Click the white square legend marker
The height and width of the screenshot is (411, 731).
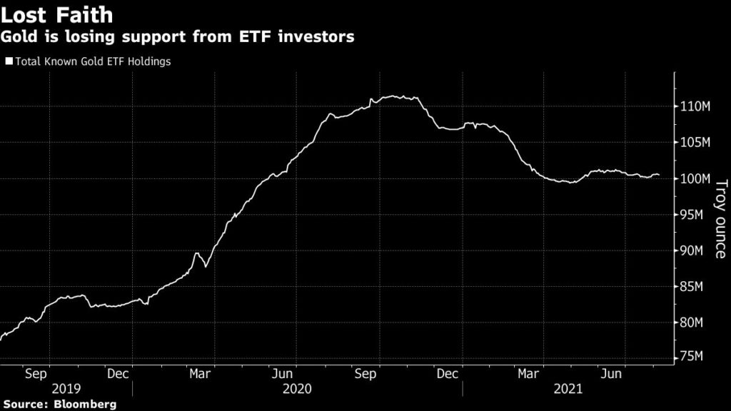coord(9,61)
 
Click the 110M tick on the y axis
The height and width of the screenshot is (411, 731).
coord(693,107)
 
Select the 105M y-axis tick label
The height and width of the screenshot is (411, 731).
coord(693,143)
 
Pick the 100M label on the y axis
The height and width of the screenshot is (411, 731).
coord(693,178)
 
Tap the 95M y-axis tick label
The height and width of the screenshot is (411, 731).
coord(692,215)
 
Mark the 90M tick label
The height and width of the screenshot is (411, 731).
coord(692,250)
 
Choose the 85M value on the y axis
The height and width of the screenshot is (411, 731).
coord(692,287)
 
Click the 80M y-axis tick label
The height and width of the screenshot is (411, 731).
coord(692,323)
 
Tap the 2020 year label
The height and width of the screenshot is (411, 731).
coord(298,389)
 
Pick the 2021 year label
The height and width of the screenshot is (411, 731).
coord(568,389)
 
